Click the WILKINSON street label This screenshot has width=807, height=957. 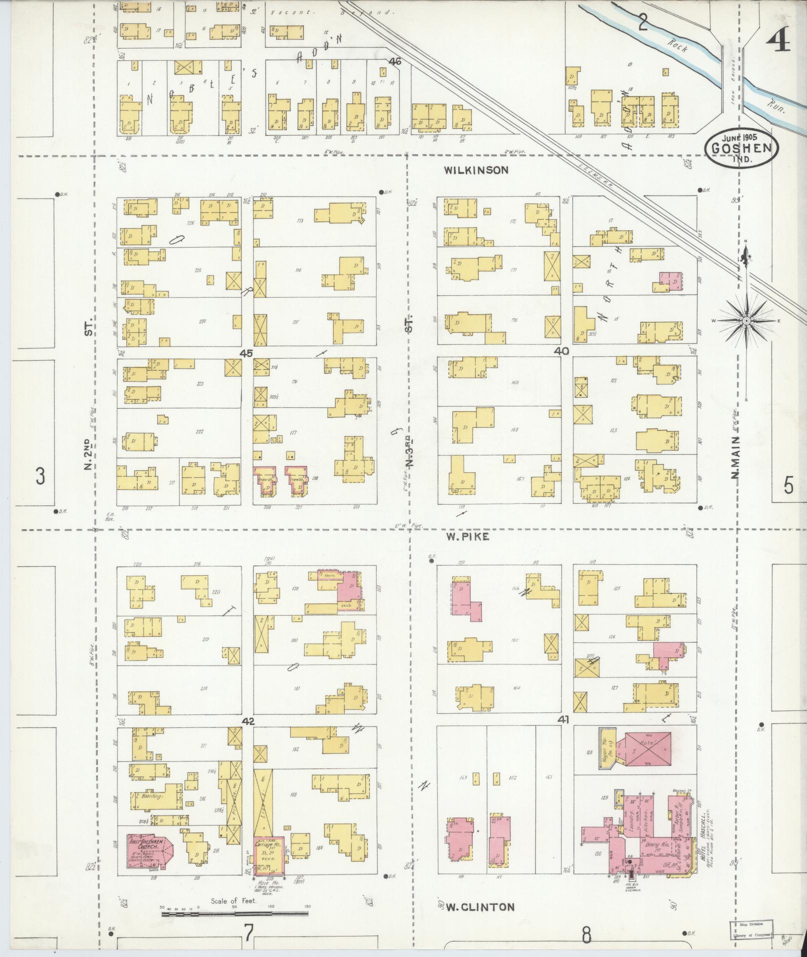[x=476, y=170]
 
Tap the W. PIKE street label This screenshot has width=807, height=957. [x=468, y=537]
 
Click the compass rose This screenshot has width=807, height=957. [x=746, y=320]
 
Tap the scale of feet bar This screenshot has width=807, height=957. [x=235, y=913]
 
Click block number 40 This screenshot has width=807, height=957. [x=561, y=351]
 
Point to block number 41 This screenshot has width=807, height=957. [x=564, y=719]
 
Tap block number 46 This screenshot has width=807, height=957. [x=395, y=62]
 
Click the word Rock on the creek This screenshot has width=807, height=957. [x=678, y=47]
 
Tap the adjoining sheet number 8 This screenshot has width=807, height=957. [x=587, y=933]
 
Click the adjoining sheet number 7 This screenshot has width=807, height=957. [x=248, y=932]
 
